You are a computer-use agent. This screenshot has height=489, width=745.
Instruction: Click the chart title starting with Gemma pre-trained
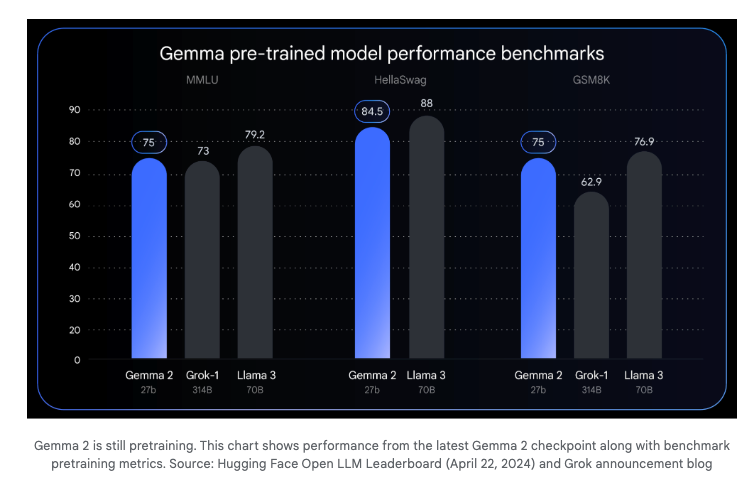pos(381,53)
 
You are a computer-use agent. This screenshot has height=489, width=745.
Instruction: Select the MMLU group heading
pos(202,79)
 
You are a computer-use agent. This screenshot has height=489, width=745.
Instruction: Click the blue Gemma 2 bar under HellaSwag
pos(372,245)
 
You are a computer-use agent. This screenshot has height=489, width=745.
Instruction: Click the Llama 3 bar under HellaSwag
pos(426,240)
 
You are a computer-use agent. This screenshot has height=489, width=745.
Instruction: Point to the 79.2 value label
pos(255,133)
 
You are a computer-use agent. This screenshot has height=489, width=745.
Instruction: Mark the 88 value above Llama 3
pos(426,103)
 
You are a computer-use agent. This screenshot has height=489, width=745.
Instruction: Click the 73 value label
pos(202,150)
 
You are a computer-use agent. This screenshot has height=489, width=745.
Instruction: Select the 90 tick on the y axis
pos(75,110)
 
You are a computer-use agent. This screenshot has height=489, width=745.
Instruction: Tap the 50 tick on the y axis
pos(75,236)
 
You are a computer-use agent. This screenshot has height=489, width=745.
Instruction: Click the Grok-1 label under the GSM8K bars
pos(592,376)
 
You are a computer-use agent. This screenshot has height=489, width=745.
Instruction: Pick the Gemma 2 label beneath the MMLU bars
pos(148,376)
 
